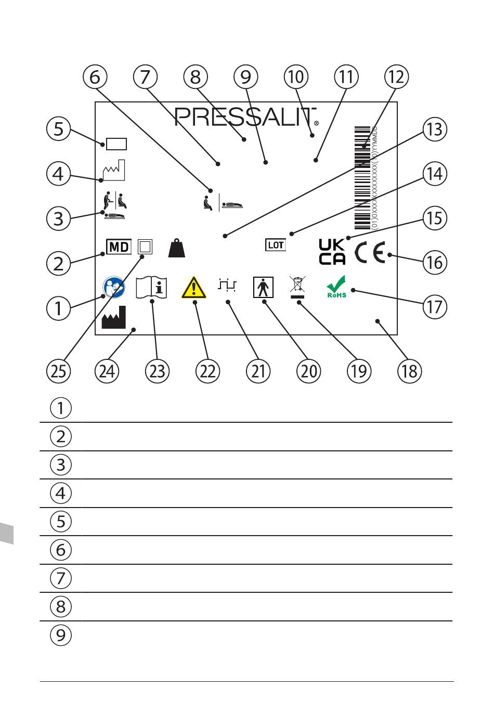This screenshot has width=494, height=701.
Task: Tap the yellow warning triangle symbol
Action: (194, 288)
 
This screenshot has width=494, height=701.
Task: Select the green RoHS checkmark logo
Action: (336, 287)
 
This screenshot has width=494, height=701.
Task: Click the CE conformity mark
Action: (370, 253)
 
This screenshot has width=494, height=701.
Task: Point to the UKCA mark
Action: (332, 252)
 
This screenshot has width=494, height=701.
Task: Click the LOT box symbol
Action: (276, 244)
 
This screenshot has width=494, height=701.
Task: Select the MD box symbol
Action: (119, 246)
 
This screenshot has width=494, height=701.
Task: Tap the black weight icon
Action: (177, 248)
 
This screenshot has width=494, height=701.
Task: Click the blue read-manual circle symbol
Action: (114, 287)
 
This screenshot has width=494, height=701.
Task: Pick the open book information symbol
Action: (151, 287)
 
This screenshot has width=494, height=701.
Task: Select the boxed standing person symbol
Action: (263, 287)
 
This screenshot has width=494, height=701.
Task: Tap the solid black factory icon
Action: (113, 317)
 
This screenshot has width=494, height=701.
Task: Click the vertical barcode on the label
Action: (362, 177)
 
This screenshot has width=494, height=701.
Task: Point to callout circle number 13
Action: (434, 129)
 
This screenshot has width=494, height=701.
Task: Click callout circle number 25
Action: (58, 371)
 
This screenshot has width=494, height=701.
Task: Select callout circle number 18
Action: (409, 371)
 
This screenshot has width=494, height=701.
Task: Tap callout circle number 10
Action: (296, 77)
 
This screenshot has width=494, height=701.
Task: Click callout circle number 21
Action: (258, 371)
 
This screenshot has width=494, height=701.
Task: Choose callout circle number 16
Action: (434, 262)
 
